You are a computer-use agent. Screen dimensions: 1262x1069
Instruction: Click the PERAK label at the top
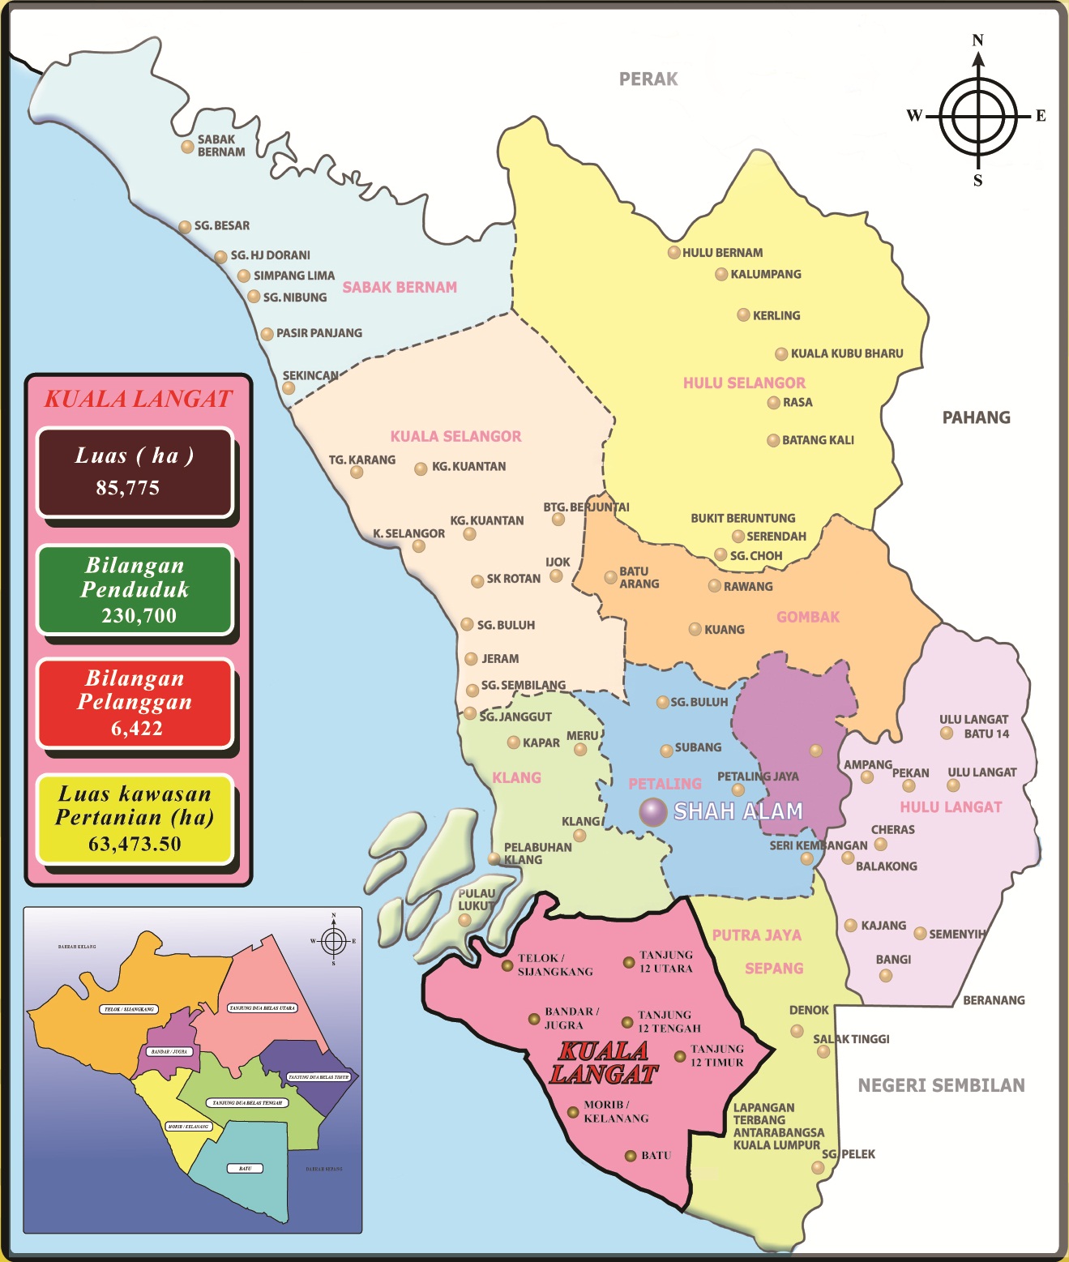[x=648, y=79]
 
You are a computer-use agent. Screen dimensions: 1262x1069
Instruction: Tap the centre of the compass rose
[x=978, y=117]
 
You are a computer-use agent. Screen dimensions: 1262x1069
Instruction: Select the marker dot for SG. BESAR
[x=185, y=227]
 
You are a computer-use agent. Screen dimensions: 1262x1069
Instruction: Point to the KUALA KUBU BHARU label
[x=846, y=353]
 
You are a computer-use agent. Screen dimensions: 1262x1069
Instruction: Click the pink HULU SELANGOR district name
[x=744, y=383]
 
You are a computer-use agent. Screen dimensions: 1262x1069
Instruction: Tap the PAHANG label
[x=976, y=417]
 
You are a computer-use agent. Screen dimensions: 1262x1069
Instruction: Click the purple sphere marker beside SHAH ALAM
[x=652, y=811]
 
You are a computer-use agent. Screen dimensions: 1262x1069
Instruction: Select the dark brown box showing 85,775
[x=135, y=473]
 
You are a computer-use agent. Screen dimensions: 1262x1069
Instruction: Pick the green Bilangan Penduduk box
[x=135, y=590]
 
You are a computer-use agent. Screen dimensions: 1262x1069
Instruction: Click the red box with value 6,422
[x=135, y=704]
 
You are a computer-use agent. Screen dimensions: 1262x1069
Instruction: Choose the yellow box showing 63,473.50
[x=135, y=819]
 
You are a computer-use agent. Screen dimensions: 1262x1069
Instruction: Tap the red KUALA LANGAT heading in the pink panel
[x=138, y=399]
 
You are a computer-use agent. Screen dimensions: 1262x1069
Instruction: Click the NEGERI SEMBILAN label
[x=941, y=1085]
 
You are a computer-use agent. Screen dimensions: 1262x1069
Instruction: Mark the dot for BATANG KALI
[x=774, y=441]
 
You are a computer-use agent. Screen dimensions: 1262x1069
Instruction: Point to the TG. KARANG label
[x=362, y=460]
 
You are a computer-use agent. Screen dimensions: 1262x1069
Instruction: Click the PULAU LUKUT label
[x=477, y=900]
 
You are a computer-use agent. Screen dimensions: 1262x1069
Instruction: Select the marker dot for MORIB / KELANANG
[x=573, y=1112]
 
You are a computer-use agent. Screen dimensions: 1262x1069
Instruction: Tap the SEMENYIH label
[x=957, y=934]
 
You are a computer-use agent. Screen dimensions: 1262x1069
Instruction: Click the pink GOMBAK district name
[x=808, y=617]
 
